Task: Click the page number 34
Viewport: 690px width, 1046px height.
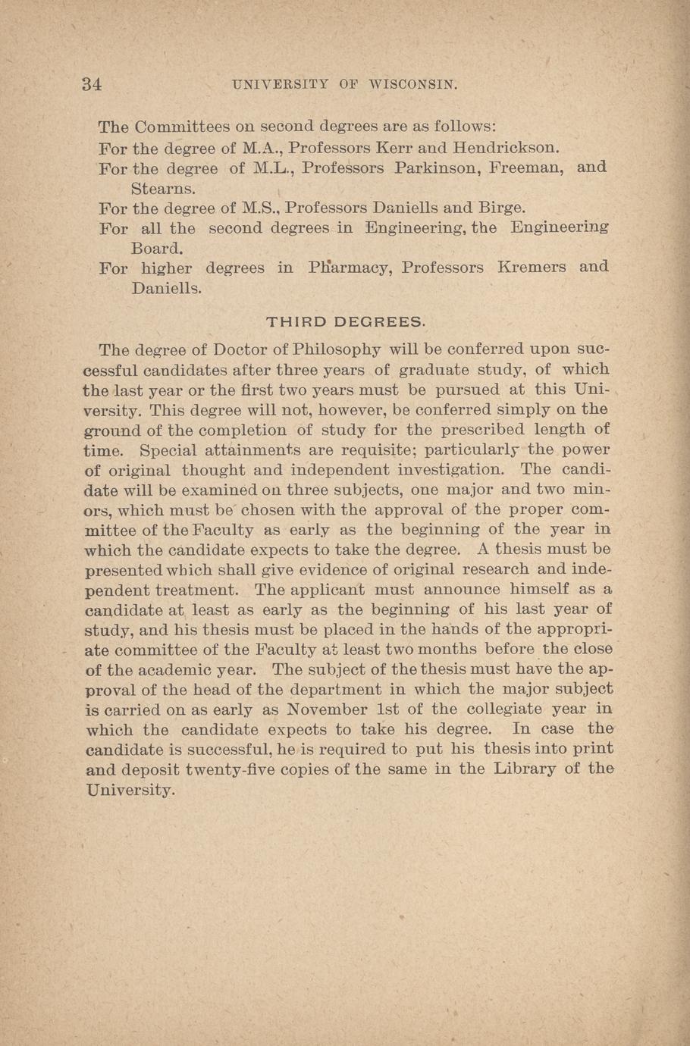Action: pos(92,84)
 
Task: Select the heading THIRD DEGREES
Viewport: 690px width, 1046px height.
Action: pos(346,322)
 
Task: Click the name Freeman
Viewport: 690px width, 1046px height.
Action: pos(525,168)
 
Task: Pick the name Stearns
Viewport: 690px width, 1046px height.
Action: pos(164,187)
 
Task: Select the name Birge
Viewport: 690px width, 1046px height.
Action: pos(501,208)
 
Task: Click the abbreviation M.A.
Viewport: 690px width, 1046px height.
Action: pos(260,147)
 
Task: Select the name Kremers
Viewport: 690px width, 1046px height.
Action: pos(531,268)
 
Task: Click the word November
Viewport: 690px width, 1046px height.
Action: pos(328,710)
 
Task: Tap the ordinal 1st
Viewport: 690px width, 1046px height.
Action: pos(394,710)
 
